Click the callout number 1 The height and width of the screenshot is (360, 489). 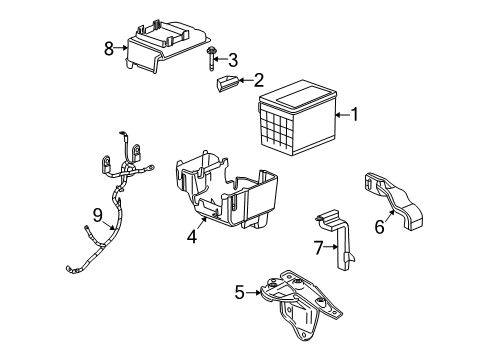coord(354,116)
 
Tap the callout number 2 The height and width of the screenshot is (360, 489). coord(258,80)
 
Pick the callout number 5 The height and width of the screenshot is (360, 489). coord(239,291)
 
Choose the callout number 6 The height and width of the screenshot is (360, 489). coord(379,228)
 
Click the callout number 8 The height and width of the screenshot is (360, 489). coord(108,47)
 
